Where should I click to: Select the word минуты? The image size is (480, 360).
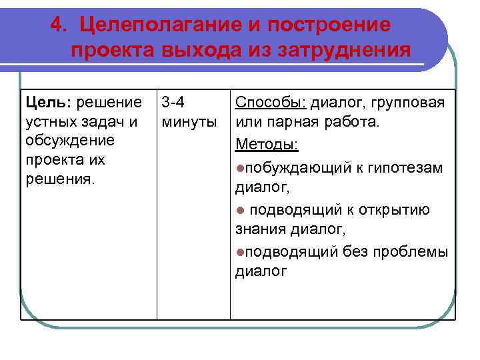click(x=189, y=122)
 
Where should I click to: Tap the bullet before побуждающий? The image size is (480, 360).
click(x=240, y=167)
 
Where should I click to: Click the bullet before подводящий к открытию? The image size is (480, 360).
click(x=240, y=210)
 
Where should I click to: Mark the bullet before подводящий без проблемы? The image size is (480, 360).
click(x=240, y=251)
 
